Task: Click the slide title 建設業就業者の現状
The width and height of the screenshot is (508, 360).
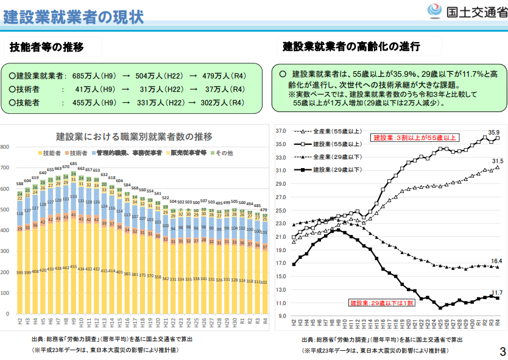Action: (74, 16)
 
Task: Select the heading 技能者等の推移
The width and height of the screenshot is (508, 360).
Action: (47, 47)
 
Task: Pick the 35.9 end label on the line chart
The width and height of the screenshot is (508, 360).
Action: (493, 132)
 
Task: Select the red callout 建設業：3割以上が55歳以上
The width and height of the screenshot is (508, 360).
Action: (414, 138)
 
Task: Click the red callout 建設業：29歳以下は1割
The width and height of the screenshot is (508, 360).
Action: (381, 302)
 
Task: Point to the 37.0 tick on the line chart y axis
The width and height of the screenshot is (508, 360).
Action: (281, 131)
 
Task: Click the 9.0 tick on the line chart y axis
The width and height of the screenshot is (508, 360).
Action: (282, 316)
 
